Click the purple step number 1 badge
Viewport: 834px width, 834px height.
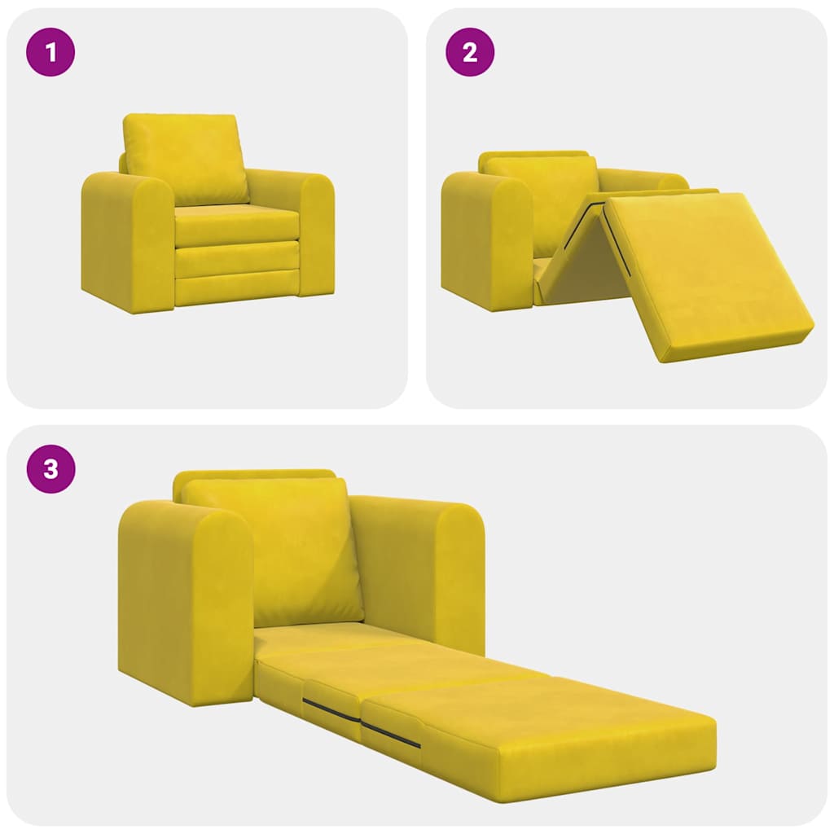51,53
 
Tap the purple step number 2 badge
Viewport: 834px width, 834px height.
470,53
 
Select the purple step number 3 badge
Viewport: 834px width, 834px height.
51,470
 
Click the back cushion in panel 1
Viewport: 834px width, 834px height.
186,158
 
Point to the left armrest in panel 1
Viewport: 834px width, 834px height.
126,240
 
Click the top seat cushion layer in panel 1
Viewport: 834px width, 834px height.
236,225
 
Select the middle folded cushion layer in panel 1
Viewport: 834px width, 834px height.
236,260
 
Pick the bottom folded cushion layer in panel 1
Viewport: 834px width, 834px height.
236,290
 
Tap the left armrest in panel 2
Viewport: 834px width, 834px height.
485,240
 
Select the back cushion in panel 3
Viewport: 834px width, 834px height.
273,550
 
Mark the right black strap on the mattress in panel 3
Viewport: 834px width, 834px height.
391,734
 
